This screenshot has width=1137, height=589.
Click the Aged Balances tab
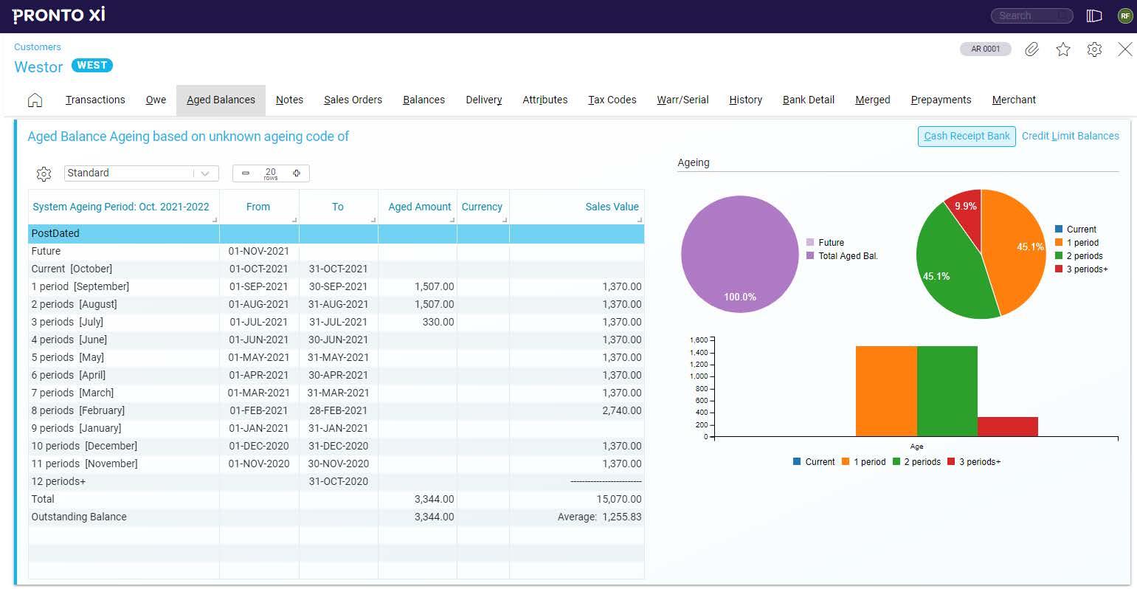[x=221, y=100]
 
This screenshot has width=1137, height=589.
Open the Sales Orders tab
[x=353, y=100]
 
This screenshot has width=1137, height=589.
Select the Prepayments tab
[x=941, y=100]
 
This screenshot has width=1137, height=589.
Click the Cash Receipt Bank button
[x=967, y=136]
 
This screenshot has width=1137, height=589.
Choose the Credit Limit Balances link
[x=1070, y=136]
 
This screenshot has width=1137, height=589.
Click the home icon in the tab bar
[x=35, y=100]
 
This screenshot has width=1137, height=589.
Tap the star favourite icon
[x=1062, y=49]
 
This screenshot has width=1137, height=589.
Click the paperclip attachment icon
[x=1031, y=49]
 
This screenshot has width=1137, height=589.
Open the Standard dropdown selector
[x=141, y=173]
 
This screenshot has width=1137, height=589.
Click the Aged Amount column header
[x=419, y=207]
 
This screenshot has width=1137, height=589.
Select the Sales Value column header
[x=612, y=207]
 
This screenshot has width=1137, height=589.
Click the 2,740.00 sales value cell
[x=621, y=410]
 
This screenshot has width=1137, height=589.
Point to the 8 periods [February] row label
[x=78, y=410]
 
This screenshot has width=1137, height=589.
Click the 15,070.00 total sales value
[x=618, y=499]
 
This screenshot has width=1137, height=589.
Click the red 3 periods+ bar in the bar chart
[x=1007, y=427]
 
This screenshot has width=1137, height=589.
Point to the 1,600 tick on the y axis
[x=698, y=340]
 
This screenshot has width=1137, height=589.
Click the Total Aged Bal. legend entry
[x=847, y=256]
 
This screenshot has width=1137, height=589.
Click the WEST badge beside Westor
[x=92, y=65]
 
